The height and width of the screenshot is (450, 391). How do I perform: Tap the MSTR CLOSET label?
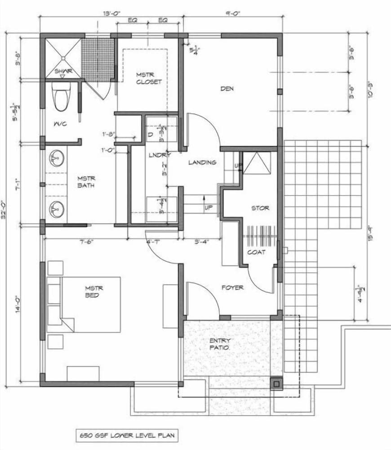click(x=149, y=78)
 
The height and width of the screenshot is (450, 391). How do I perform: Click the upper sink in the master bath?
click(x=57, y=158)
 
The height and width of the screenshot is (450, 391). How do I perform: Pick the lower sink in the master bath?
click(x=57, y=209)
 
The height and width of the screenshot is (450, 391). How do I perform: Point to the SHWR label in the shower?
click(x=63, y=71)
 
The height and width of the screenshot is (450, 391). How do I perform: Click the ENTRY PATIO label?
click(x=220, y=344)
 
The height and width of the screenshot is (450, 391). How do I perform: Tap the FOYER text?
click(x=232, y=287)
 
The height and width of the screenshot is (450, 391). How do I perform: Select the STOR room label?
click(x=260, y=208)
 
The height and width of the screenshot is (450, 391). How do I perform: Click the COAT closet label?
click(x=256, y=252)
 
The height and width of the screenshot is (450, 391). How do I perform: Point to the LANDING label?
click(x=202, y=162)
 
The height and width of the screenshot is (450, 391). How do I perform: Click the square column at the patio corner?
click(x=276, y=383)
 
